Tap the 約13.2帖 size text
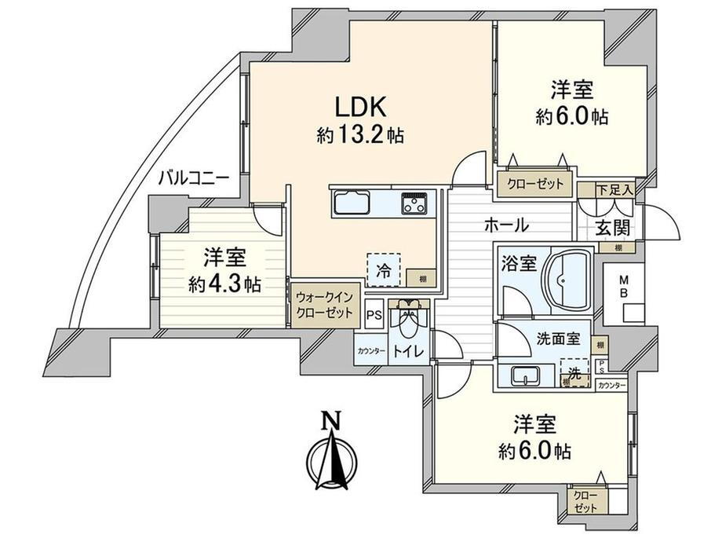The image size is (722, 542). point(360,136)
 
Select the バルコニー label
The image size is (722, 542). point(193,178)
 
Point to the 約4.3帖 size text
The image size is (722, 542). point(224,283)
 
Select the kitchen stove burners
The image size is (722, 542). point(415,203)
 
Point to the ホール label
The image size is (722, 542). point(505,225)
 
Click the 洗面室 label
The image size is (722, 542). point(558,339)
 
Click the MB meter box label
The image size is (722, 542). point(624,286)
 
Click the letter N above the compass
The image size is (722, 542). point(331,422)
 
